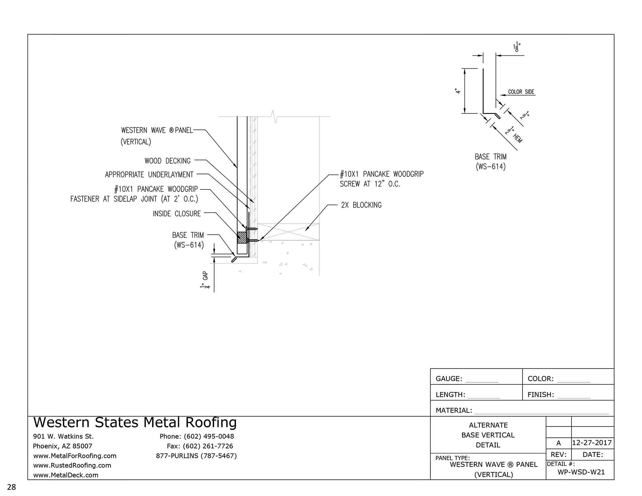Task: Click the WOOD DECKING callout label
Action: pyautogui.click(x=167, y=161)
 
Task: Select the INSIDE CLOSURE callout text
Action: pyautogui.click(x=177, y=214)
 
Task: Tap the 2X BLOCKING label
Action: pyautogui.click(x=361, y=205)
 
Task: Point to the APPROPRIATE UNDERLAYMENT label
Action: pyautogui.click(x=149, y=174)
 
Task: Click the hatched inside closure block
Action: pyautogui.click(x=242, y=238)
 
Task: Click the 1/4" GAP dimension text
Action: pyautogui.click(x=204, y=281)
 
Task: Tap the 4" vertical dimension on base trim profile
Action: pyautogui.click(x=458, y=91)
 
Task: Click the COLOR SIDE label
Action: pyautogui.click(x=521, y=92)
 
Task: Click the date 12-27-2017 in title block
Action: pyautogui.click(x=592, y=443)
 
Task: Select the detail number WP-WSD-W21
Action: pyautogui.click(x=581, y=472)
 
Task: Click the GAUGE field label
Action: pyautogui.click(x=449, y=379)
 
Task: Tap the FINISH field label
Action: pyautogui.click(x=540, y=395)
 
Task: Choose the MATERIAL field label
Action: pyautogui.click(x=454, y=410)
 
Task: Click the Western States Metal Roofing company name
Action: pyautogui.click(x=135, y=422)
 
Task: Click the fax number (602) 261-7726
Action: pyautogui.click(x=200, y=446)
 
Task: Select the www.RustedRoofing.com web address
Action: pyautogui.click(x=72, y=465)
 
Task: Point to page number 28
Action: pyautogui.click(x=11, y=487)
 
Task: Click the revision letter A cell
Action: pyautogui.click(x=558, y=443)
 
